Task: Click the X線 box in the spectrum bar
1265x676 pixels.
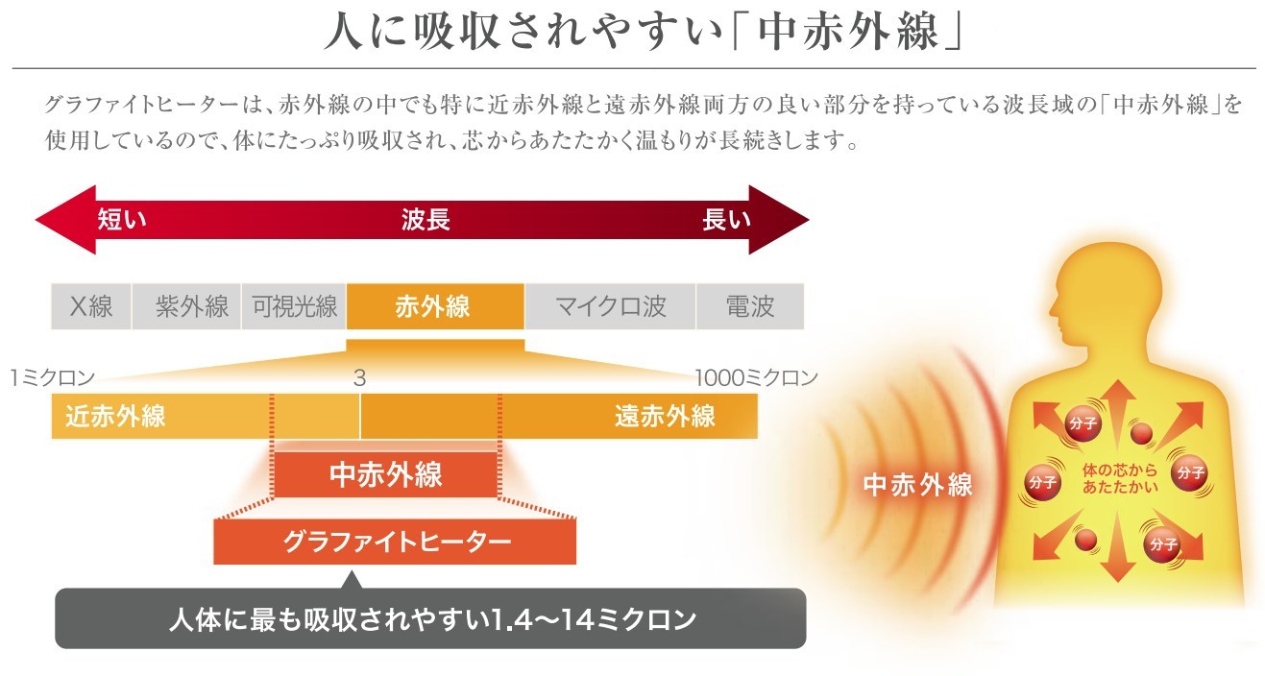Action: pos(91,306)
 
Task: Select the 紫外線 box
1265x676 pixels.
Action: pos(186,306)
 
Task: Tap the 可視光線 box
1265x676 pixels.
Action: pos(294,306)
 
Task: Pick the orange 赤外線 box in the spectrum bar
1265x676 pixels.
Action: pos(435,306)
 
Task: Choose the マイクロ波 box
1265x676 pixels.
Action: pos(611,306)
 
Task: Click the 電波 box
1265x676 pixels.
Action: pos(750,306)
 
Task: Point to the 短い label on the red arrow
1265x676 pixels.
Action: pos(122,219)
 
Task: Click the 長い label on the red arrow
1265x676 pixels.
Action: pos(727,219)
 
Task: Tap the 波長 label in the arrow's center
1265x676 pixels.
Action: pos(426,219)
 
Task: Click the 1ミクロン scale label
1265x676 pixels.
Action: pos(53,377)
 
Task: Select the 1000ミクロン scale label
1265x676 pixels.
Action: pos(756,377)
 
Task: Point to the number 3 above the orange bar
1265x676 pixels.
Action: pos(360,377)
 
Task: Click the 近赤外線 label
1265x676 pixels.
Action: pos(115,416)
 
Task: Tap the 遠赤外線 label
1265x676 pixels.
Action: pos(666,416)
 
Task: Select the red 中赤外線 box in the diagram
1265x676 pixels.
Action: pos(386,474)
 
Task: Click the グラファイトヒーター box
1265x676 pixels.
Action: pos(395,541)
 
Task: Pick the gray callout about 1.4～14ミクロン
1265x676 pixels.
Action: pos(430,617)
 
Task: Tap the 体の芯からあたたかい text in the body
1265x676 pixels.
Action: pos(1120,478)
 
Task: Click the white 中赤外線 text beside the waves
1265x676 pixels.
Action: pos(917,485)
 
